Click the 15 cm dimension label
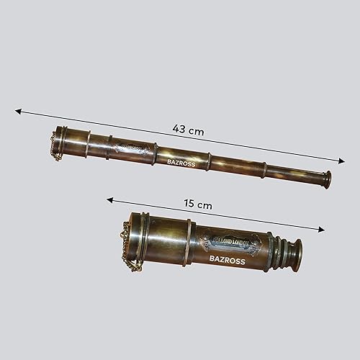pyautogui.click(x=199, y=204)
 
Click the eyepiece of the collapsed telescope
pyautogui.click(x=294, y=251)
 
